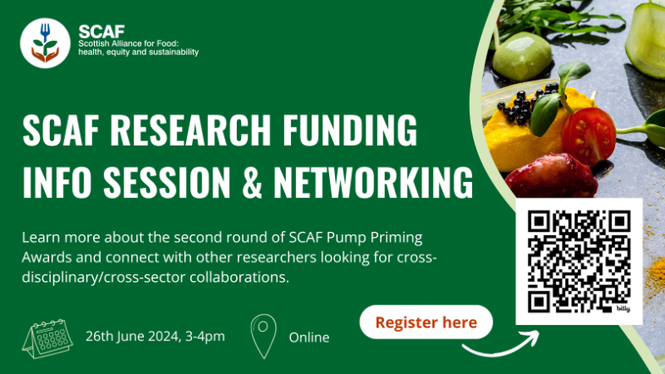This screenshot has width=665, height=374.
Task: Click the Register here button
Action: (x=426, y=322)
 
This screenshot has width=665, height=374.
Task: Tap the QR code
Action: (x=579, y=261)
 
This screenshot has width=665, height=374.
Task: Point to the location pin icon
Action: (x=264, y=335)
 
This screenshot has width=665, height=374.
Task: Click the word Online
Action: (x=309, y=337)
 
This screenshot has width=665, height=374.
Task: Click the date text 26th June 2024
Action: (x=133, y=336)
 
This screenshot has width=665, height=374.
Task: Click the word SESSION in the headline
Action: (x=166, y=182)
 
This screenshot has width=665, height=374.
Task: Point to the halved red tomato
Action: (x=589, y=133)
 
